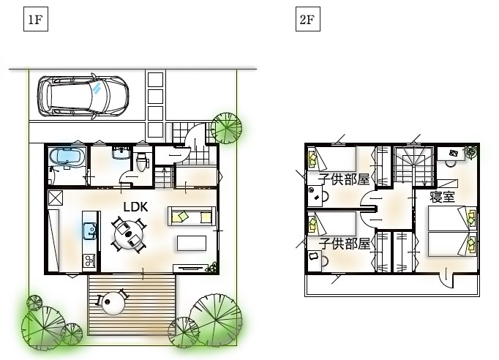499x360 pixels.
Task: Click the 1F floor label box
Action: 36,20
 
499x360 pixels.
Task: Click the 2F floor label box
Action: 308,20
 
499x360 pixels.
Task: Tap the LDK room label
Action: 135,207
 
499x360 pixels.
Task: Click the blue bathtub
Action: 67,157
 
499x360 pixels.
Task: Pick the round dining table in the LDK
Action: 129,235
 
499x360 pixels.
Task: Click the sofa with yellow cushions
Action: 192,216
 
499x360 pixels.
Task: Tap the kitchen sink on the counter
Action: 89,230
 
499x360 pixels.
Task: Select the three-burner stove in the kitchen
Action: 89,260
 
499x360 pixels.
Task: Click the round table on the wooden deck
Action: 113,303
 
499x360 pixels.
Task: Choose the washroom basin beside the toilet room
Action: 121,152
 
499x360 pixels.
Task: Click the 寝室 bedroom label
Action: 443,197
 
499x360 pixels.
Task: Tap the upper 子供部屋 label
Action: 344,179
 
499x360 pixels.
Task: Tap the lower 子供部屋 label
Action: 345,244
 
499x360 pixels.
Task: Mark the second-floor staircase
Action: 413,166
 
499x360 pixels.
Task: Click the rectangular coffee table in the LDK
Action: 192,243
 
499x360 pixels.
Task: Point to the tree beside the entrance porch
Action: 226,128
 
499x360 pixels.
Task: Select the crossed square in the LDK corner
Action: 55,198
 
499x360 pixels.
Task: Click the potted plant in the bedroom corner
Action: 471,151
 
